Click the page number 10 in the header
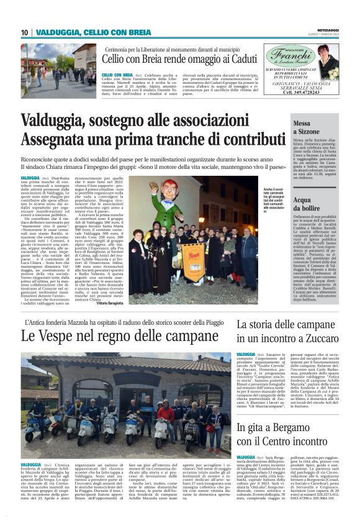(25, 32)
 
